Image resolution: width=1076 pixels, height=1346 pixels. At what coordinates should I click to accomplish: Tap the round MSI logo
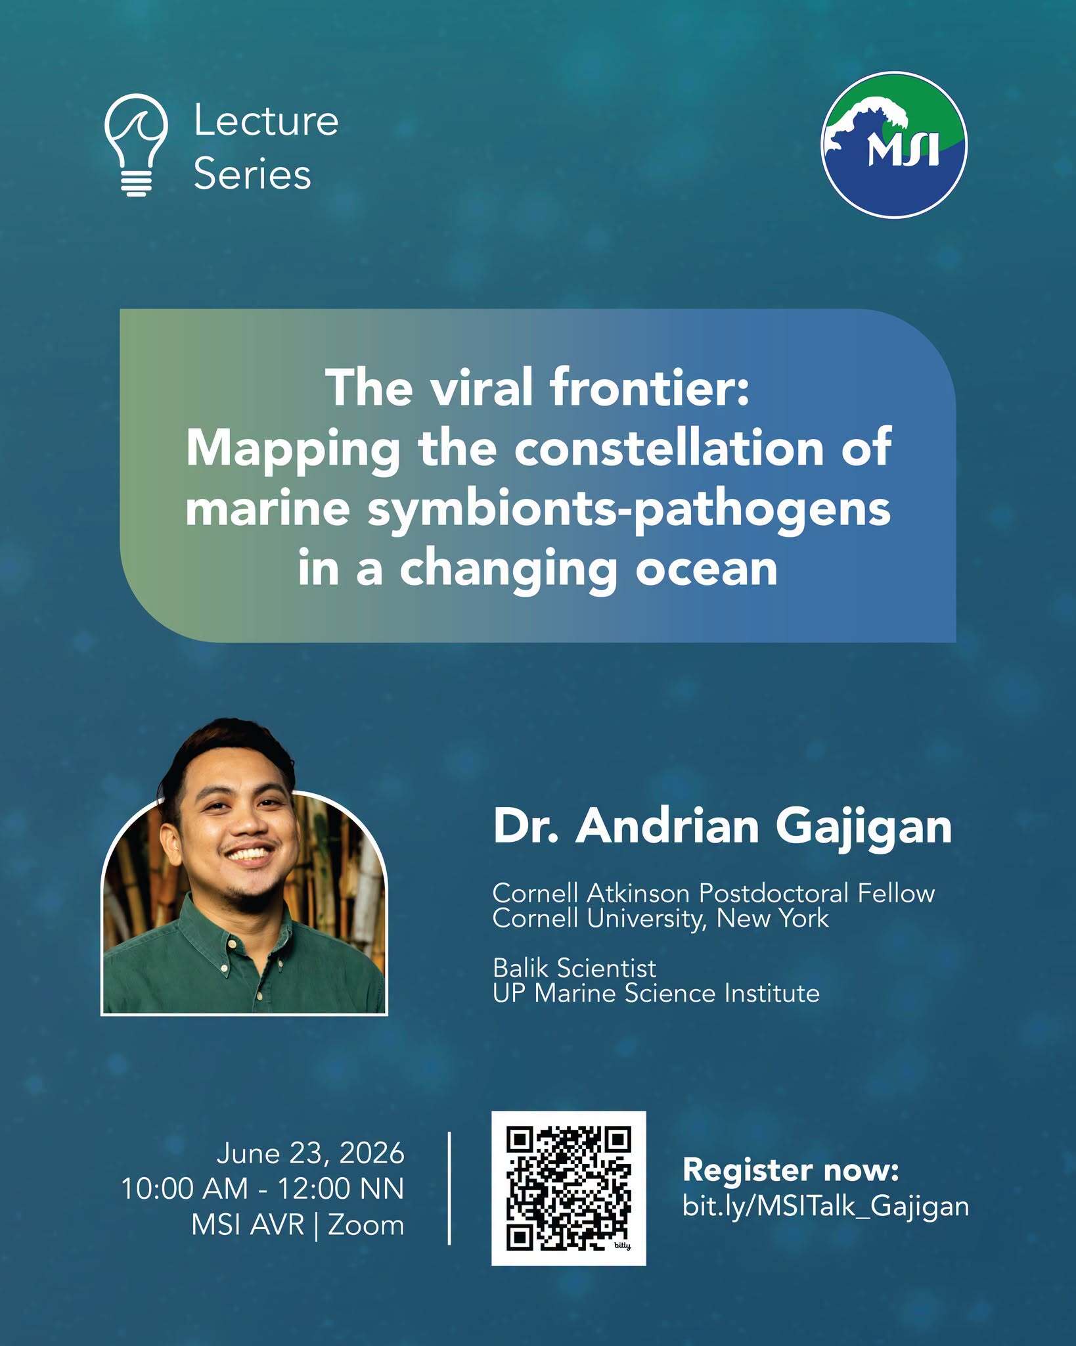[x=894, y=145]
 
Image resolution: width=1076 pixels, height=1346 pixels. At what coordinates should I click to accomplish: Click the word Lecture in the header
[x=266, y=122]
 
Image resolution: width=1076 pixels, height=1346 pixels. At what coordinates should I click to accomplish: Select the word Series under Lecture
[x=252, y=175]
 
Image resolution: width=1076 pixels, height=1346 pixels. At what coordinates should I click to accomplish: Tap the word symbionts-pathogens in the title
[x=629, y=511]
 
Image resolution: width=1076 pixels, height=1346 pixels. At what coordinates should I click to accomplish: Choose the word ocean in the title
[x=706, y=569]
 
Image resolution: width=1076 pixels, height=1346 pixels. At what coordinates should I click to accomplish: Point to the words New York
[x=773, y=918]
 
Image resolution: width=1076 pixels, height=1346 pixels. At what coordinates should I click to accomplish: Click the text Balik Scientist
[x=574, y=968]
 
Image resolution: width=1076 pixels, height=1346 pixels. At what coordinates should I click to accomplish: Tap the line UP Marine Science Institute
[x=656, y=993]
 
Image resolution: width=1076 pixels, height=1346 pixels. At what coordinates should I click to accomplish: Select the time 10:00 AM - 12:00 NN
[x=263, y=1189]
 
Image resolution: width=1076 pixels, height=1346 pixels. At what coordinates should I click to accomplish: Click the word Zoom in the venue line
[x=366, y=1225]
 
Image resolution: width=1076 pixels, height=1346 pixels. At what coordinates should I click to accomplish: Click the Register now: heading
[x=790, y=1170]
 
